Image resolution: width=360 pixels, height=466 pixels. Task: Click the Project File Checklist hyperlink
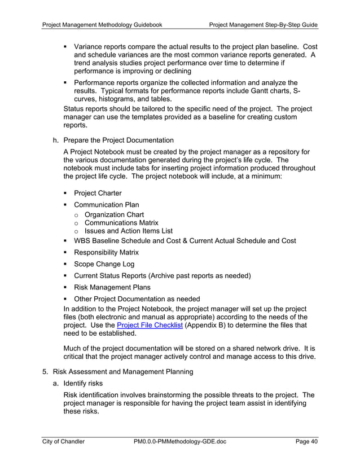149,326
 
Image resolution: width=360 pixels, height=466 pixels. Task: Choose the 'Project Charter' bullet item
98,193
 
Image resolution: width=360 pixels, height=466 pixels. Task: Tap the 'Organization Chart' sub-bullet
114,214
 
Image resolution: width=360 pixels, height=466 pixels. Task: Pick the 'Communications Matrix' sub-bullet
121,223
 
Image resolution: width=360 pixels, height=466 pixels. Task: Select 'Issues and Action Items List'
128,231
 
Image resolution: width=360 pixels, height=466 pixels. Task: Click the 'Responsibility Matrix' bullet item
106,252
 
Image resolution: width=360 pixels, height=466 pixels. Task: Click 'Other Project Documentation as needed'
137,298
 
